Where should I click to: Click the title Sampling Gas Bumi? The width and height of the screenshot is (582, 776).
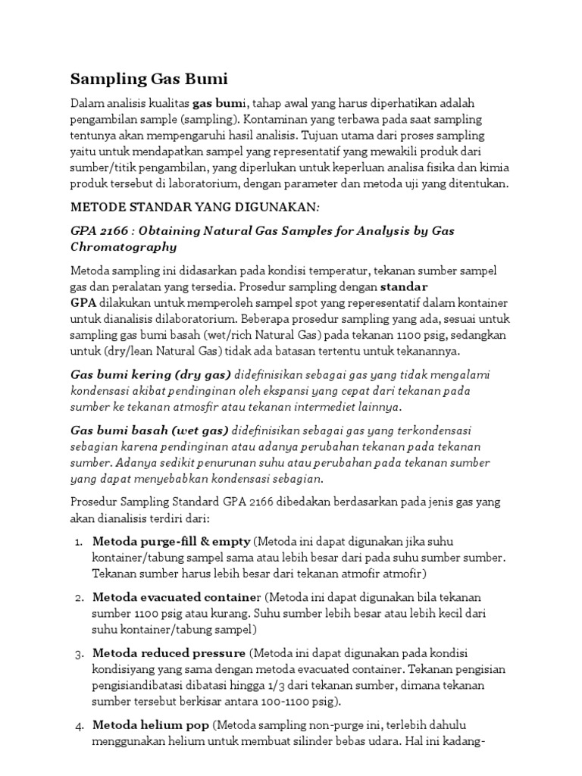149,78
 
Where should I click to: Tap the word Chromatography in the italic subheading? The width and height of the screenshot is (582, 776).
124,247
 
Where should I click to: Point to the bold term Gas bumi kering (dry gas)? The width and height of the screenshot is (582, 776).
151,374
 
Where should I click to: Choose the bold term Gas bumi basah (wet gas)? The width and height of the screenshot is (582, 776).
151,430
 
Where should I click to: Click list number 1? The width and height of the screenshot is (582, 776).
79,542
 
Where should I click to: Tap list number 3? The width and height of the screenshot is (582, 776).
79,653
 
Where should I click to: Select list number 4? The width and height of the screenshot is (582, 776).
79,726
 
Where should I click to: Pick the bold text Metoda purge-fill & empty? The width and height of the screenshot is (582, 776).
171,541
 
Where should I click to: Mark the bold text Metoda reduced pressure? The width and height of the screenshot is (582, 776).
168,652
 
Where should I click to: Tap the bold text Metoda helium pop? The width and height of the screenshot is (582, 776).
151,725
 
